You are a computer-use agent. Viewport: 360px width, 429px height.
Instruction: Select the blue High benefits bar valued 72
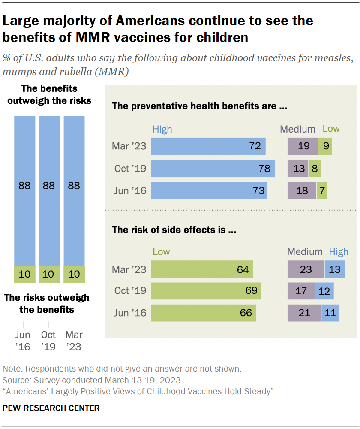(x=208, y=146)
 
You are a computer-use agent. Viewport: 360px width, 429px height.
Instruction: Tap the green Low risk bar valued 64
(x=202, y=269)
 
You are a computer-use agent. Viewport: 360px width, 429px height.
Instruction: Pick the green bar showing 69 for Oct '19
(x=206, y=291)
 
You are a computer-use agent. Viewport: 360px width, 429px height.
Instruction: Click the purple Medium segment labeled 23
(x=306, y=269)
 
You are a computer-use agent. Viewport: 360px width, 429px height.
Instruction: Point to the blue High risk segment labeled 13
(x=335, y=269)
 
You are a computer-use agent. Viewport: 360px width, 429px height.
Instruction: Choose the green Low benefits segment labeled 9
(x=325, y=146)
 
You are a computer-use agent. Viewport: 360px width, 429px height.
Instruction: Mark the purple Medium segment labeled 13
(x=298, y=169)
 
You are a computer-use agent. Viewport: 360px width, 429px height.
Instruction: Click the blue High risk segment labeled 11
(x=330, y=313)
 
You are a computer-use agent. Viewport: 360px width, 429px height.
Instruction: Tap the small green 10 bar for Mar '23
(x=74, y=274)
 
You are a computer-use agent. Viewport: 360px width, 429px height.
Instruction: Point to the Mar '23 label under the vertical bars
(x=74, y=341)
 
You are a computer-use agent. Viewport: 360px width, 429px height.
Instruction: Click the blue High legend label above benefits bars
(x=162, y=129)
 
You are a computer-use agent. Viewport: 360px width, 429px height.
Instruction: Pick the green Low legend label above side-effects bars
(x=161, y=252)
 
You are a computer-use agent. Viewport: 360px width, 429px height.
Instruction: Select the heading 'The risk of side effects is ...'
(x=174, y=230)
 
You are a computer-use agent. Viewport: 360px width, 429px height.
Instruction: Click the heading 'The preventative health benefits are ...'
(x=199, y=106)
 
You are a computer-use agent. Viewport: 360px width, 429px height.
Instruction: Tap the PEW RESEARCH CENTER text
(x=51, y=408)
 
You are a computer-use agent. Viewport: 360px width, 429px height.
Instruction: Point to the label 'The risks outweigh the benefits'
(x=47, y=303)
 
